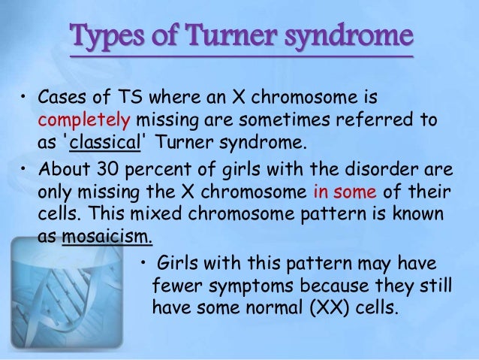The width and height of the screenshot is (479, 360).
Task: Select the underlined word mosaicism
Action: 107,239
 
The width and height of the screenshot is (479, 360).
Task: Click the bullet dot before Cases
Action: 23,99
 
